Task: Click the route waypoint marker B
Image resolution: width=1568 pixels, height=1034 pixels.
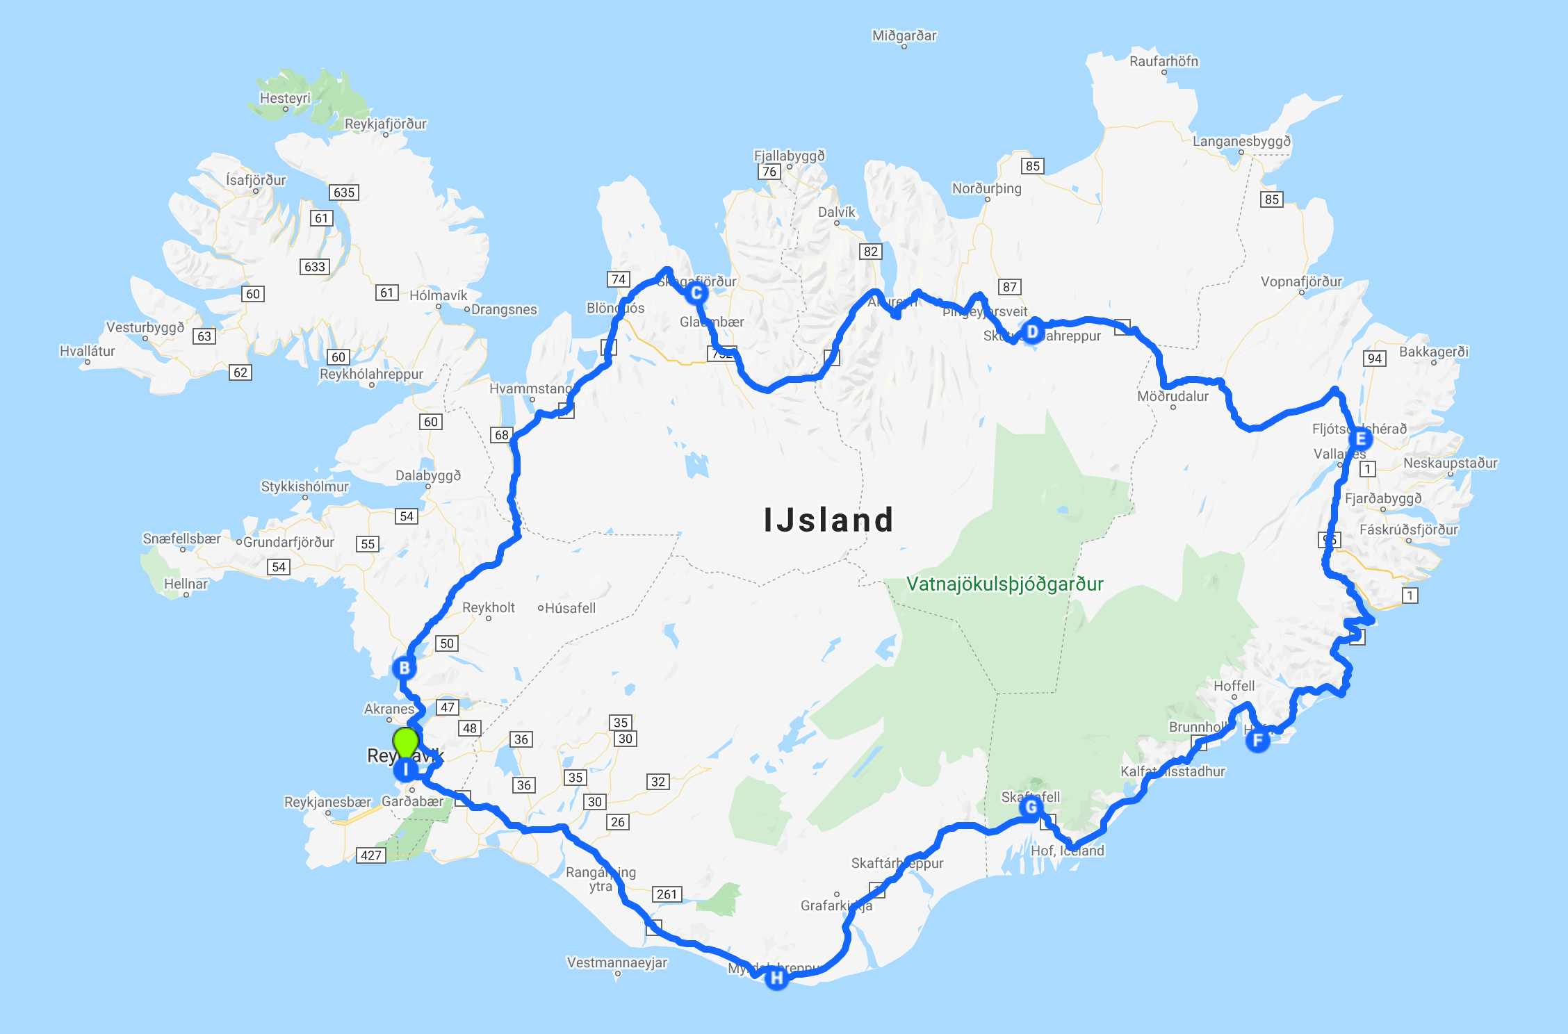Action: (x=404, y=668)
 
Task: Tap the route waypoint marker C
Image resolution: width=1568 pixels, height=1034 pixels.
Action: (x=696, y=293)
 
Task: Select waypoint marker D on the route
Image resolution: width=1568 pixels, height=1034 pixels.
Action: (x=1032, y=332)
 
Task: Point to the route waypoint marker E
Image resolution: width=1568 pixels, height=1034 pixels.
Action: (x=1360, y=439)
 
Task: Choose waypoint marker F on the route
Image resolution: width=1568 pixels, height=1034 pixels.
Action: (x=1257, y=741)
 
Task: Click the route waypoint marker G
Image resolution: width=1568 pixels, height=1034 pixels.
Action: (x=1031, y=807)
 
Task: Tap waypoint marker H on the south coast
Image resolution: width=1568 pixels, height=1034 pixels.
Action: (x=776, y=978)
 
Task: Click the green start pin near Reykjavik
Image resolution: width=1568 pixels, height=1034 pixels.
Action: (x=405, y=741)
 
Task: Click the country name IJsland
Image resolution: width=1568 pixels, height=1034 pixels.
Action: (x=828, y=520)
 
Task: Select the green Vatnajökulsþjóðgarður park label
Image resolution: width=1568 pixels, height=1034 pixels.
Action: (x=1004, y=584)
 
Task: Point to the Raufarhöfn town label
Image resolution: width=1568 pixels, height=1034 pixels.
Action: (x=1163, y=61)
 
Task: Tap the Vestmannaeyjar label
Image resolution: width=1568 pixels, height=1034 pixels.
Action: (x=616, y=962)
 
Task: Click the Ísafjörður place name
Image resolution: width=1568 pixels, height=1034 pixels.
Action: (x=256, y=180)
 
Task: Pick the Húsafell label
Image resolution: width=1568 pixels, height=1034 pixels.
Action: (x=570, y=608)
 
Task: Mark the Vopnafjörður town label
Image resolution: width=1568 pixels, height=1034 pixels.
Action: (x=1301, y=281)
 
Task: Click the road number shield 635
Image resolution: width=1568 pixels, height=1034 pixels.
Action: (x=344, y=192)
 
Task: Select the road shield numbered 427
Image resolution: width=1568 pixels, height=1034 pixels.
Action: (x=370, y=855)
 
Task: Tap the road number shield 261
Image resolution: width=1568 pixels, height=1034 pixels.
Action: (x=667, y=894)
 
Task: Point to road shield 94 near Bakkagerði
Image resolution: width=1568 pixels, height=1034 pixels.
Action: (x=1374, y=359)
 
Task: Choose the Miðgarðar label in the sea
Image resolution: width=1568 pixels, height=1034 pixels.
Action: (x=904, y=35)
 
